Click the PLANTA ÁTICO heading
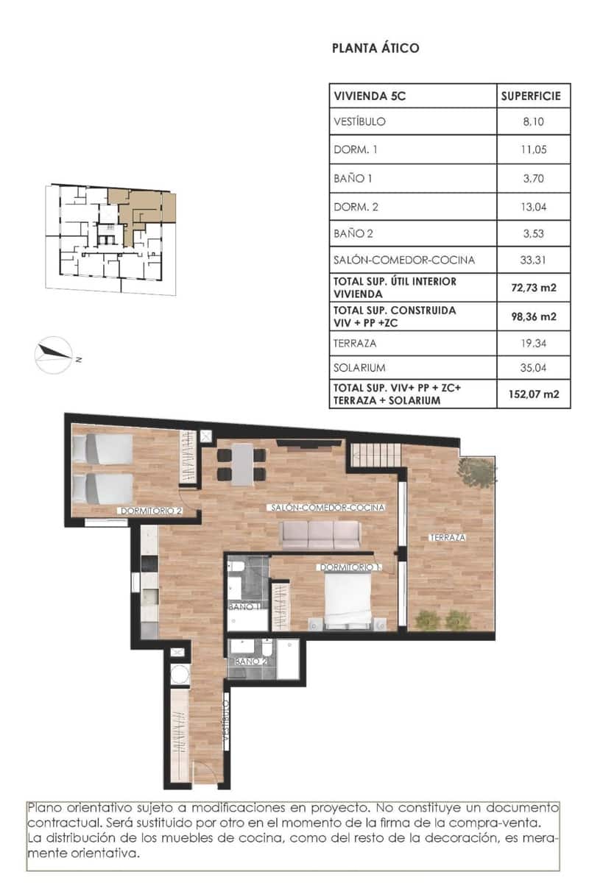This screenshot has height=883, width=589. [375, 49]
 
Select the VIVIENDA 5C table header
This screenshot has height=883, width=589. [369, 96]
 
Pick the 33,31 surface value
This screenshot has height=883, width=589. [532, 260]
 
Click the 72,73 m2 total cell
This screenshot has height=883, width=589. [532, 287]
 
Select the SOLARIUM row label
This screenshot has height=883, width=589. [360, 367]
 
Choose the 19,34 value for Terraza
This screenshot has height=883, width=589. [532, 343]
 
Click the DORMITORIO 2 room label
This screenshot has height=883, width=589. [150, 510]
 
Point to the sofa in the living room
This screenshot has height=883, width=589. [320, 535]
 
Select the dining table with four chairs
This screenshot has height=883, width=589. [241, 465]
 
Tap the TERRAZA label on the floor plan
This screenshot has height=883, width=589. [448, 538]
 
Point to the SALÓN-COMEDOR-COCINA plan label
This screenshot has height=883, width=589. [328, 508]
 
